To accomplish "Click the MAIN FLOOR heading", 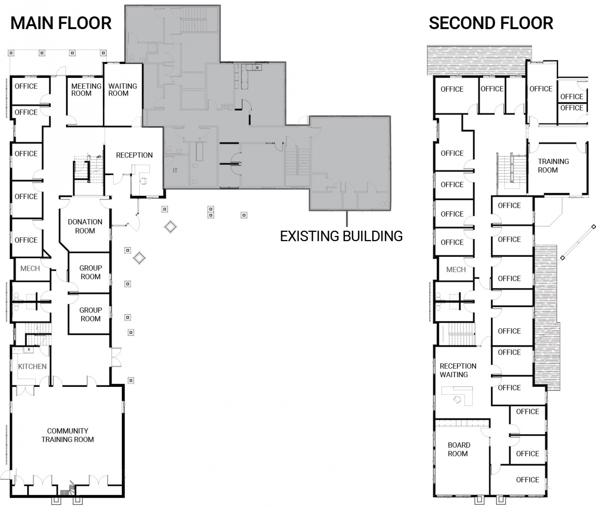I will pyautogui.click(x=61, y=23).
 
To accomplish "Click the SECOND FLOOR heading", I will pyautogui.click(x=491, y=23).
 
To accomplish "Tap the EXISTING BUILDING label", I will pyautogui.click(x=341, y=236).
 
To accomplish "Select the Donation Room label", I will pyautogui.click(x=85, y=226).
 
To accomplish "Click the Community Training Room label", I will pyautogui.click(x=68, y=435).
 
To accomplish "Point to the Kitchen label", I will pyautogui.click(x=32, y=367).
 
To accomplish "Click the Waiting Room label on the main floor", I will pyautogui.click(x=122, y=90).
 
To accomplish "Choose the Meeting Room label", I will pyautogui.click(x=86, y=90).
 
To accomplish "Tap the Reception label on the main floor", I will pyautogui.click(x=134, y=155).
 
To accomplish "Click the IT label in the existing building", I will pyautogui.click(x=175, y=170).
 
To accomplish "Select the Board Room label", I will pyautogui.click(x=459, y=449).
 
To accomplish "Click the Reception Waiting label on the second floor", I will pyautogui.click(x=457, y=371).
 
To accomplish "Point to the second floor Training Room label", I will pyautogui.click(x=553, y=166).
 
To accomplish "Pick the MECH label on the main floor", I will pyautogui.click(x=30, y=269).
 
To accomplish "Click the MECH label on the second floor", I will pyautogui.click(x=456, y=270).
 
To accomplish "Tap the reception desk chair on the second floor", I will pyautogui.click(x=457, y=399).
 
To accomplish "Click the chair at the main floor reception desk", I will pyautogui.click(x=143, y=181).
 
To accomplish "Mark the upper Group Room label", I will pyautogui.click(x=90, y=272).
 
